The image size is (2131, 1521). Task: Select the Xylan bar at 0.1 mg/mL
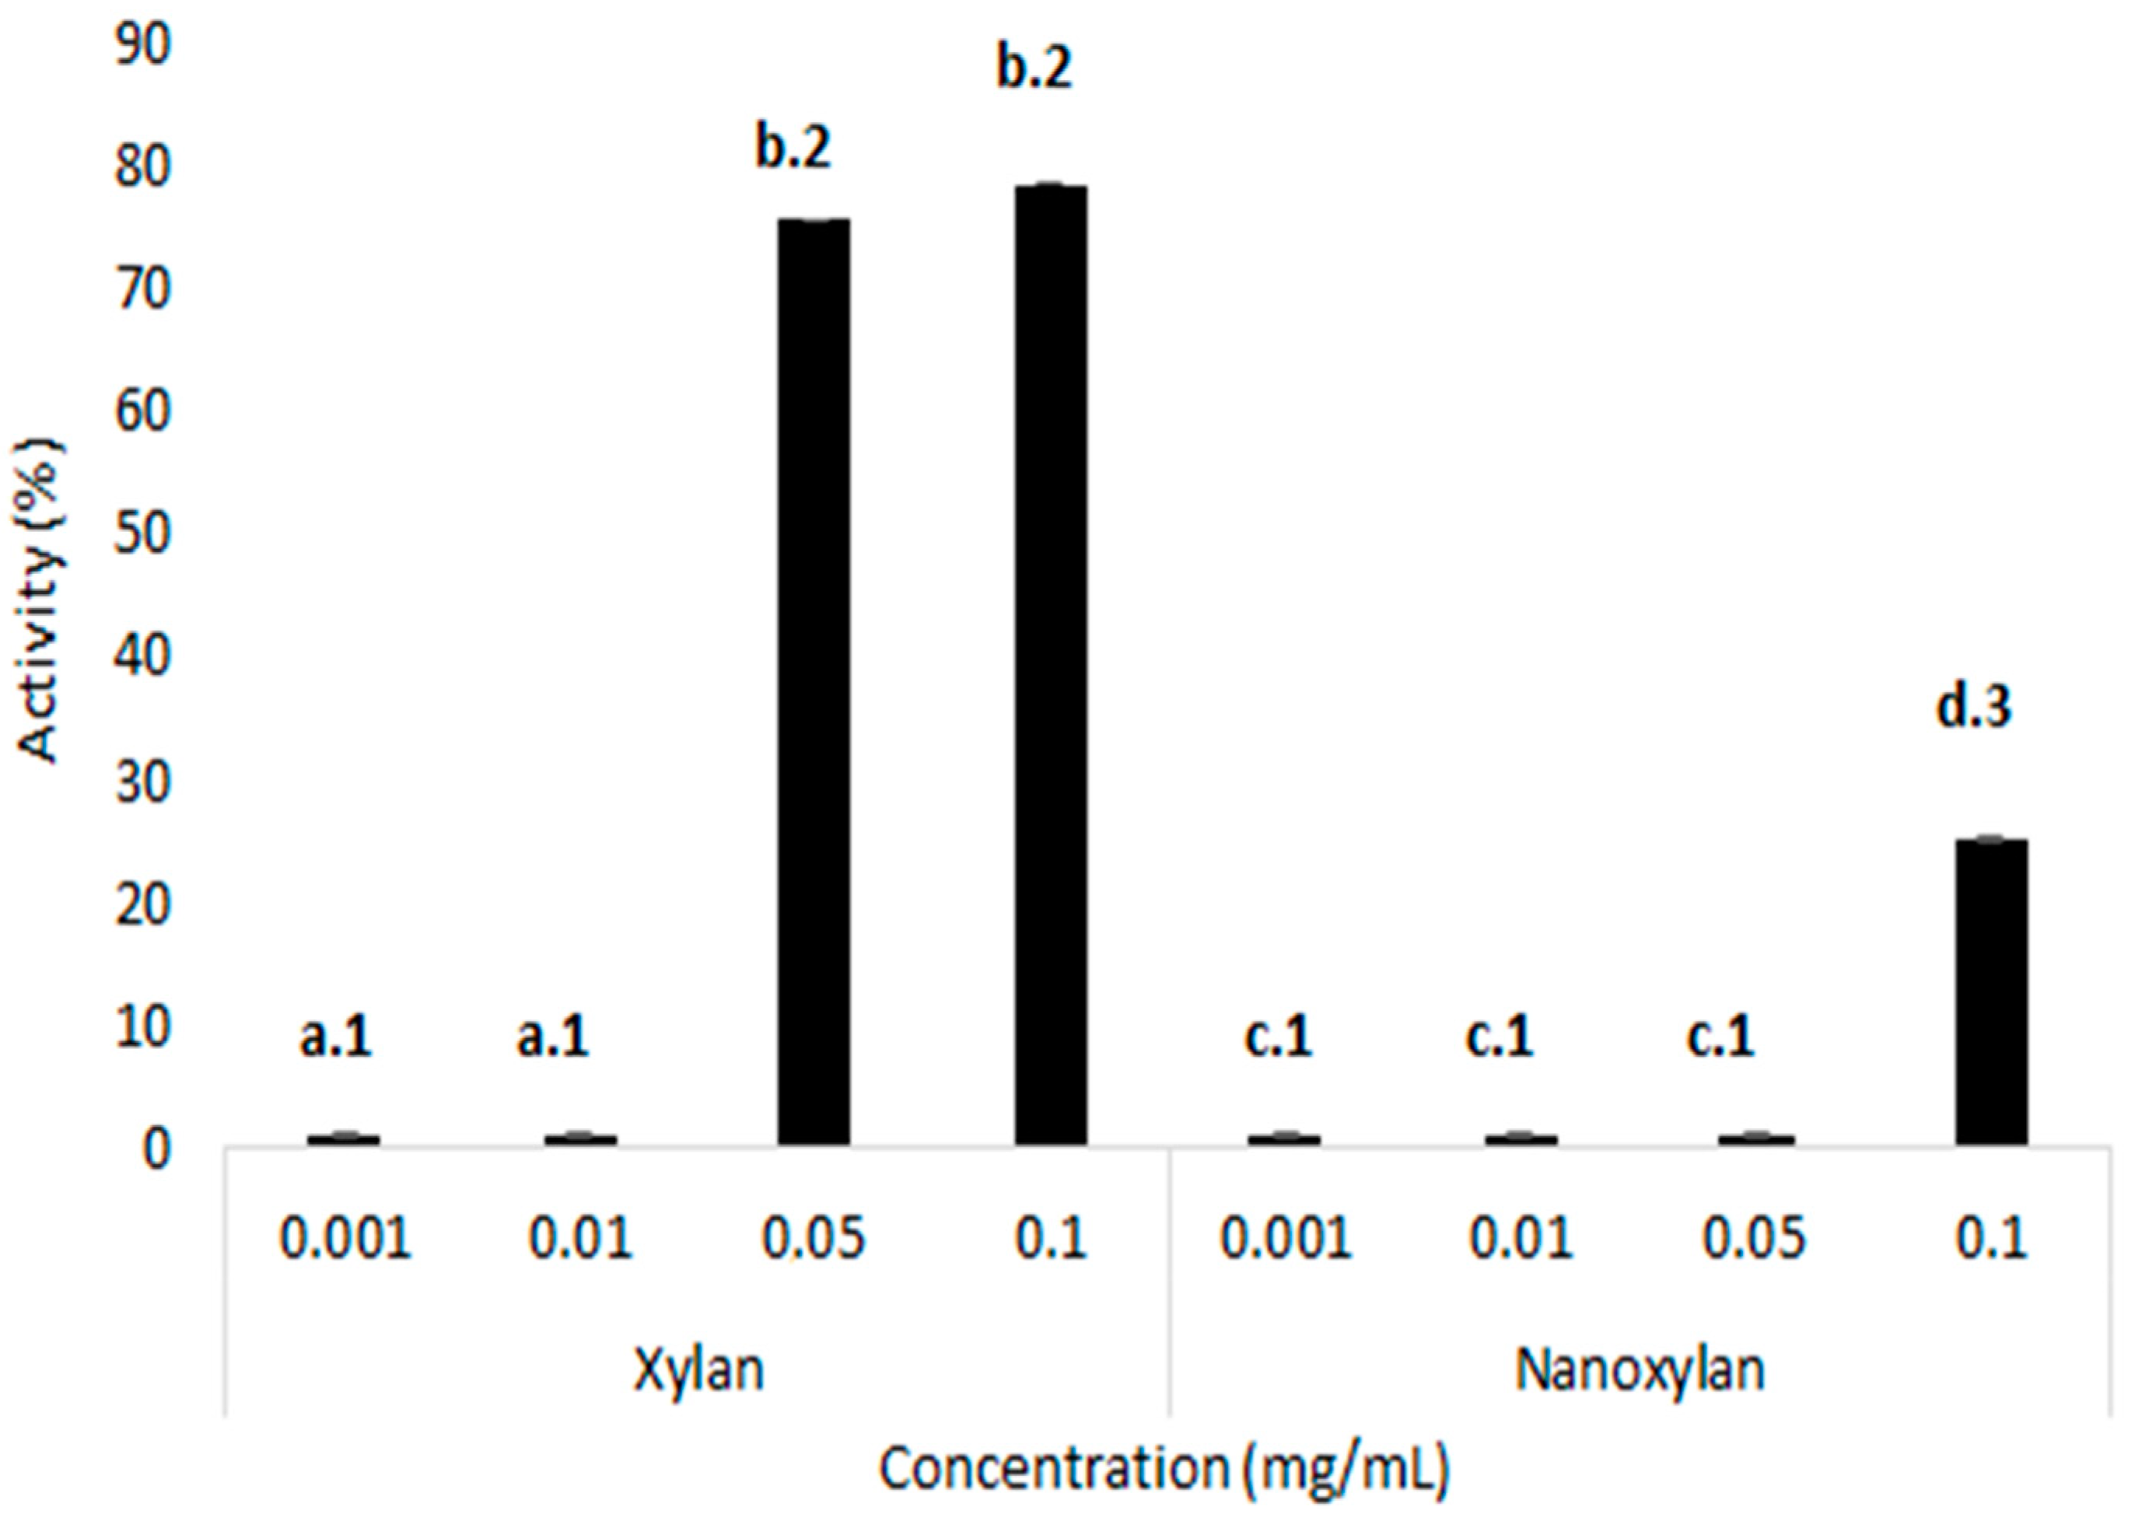pos(1051,665)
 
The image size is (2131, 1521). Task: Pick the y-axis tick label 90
pos(143,45)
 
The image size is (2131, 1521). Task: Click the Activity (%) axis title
pos(42,602)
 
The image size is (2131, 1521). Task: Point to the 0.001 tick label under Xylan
pos(347,1239)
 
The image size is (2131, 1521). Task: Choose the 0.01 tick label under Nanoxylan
pos(1520,1239)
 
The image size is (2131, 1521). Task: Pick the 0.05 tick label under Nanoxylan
pos(1754,1239)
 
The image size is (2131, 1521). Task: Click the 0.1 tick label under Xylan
pos(1051,1239)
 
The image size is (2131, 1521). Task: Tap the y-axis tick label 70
pos(143,290)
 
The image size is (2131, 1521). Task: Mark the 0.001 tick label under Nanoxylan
pos(1285,1239)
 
